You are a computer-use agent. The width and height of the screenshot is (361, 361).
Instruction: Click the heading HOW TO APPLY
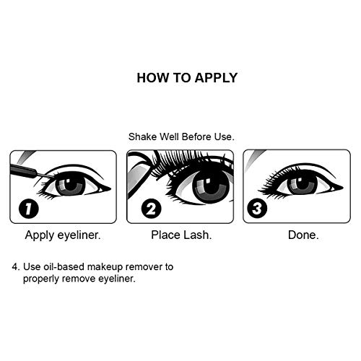tap(187, 78)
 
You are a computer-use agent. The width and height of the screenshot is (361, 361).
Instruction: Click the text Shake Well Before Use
tap(180, 136)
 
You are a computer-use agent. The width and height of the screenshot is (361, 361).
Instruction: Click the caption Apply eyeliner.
tap(63, 235)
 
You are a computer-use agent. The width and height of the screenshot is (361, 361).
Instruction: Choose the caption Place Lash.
tap(180, 235)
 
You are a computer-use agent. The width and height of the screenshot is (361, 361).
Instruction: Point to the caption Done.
tap(303, 235)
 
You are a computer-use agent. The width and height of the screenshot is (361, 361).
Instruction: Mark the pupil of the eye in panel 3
tap(302, 183)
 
